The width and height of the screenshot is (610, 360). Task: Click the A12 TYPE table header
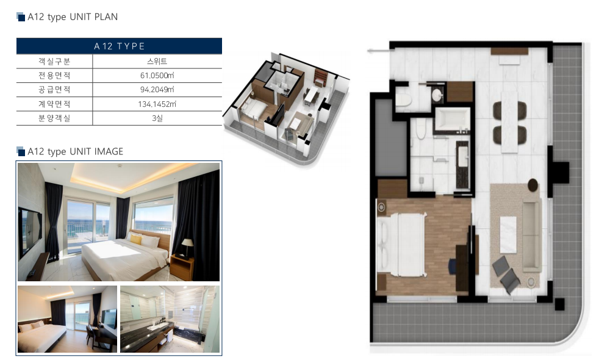pyautogui.click(x=119, y=46)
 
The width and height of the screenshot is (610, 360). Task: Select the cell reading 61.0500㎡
pyautogui.click(x=157, y=76)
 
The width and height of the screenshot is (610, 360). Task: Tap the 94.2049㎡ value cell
pyautogui.click(x=157, y=90)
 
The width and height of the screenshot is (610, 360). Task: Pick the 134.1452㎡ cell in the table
pyautogui.click(x=157, y=104)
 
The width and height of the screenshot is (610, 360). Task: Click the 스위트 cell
pyautogui.click(x=157, y=61)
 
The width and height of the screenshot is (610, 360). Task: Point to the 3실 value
pyautogui.click(x=157, y=118)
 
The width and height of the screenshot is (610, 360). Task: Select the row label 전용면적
pyautogui.click(x=54, y=76)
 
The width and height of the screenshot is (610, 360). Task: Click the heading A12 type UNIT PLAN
pyautogui.click(x=73, y=16)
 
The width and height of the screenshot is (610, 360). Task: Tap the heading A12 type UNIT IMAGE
pyautogui.click(x=75, y=151)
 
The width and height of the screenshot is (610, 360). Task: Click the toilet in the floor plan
pyautogui.click(x=403, y=98)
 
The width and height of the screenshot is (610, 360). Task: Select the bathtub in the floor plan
pyautogui.click(x=452, y=119)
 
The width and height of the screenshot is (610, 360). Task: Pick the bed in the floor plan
pyautogui.click(x=401, y=244)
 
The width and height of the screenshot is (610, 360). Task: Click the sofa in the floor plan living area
pyautogui.click(x=531, y=236)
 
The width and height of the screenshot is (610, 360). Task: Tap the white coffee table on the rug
pyautogui.click(x=508, y=235)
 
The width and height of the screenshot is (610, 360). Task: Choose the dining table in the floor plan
pyautogui.click(x=509, y=122)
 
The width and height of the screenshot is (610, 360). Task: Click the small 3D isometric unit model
pyautogui.click(x=286, y=110)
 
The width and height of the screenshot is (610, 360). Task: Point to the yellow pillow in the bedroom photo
pyautogui.click(x=135, y=239)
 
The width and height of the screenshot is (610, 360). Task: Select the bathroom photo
pyautogui.click(x=170, y=319)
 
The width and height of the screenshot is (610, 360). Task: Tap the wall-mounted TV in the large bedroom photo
pyautogui.click(x=30, y=232)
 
